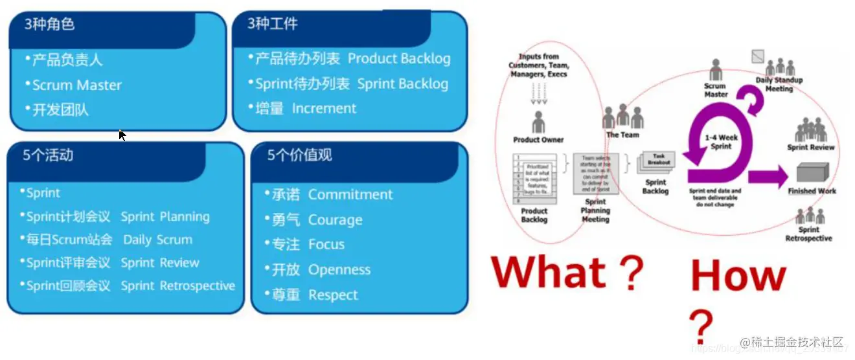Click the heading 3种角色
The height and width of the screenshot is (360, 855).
point(50,25)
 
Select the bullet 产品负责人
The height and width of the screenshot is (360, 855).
point(67,60)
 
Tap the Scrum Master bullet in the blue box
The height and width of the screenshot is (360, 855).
point(76,85)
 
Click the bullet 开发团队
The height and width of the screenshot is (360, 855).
point(60,110)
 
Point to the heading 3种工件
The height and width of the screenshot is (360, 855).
point(273,25)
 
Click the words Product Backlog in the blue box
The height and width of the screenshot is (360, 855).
point(399,59)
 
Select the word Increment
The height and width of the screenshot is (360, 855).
point(324,109)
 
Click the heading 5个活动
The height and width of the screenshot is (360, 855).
point(48,155)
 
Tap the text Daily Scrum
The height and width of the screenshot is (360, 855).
point(157,240)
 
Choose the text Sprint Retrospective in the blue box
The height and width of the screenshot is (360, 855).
point(177,286)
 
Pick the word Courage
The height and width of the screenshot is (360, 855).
point(335,220)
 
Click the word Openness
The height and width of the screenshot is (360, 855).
point(339,270)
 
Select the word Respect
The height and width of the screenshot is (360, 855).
point(333,295)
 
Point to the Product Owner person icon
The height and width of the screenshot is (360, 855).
point(538,122)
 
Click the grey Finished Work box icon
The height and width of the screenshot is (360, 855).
point(812,174)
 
